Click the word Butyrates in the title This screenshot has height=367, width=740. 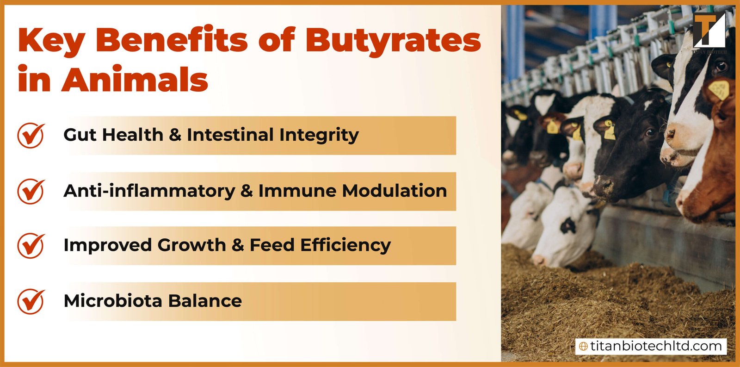pyautogui.click(x=393, y=41)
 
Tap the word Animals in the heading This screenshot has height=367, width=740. pyautogui.click(x=135, y=80)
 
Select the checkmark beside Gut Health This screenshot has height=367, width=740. pyautogui.click(x=31, y=135)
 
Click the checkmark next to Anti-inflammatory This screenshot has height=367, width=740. pyautogui.click(x=31, y=191)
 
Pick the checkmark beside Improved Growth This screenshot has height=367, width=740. pyautogui.click(x=31, y=245)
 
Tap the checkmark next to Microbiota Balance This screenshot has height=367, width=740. pyautogui.click(x=31, y=301)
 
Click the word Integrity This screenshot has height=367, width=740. pyautogui.click(x=319, y=136)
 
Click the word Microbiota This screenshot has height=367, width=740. pyautogui.click(x=113, y=301)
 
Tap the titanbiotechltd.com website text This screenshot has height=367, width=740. pyautogui.click(x=655, y=346)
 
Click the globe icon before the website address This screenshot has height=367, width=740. pyautogui.click(x=583, y=346)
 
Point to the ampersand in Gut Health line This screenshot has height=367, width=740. pyautogui.click(x=175, y=135)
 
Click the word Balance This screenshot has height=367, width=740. pyautogui.click(x=205, y=301)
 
